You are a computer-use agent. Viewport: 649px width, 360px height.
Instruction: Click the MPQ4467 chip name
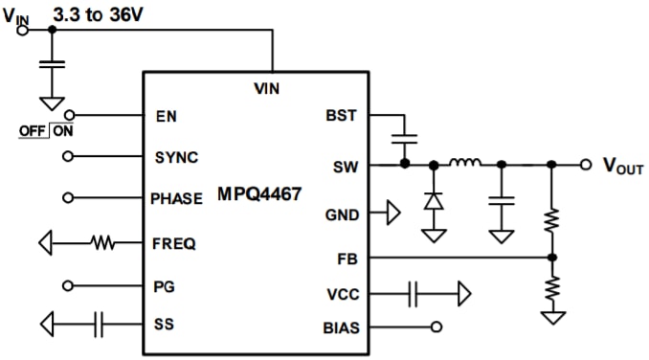click(259, 195)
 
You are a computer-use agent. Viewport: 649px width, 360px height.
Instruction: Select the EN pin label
click(165, 116)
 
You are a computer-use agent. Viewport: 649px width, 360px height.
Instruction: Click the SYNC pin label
click(176, 156)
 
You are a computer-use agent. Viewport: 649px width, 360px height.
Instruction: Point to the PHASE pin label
click(177, 199)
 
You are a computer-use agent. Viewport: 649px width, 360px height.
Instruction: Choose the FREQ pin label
click(173, 243)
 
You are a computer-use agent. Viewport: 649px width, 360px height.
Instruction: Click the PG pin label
click(164, 285)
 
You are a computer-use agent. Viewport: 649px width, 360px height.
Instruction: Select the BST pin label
click(342, 116)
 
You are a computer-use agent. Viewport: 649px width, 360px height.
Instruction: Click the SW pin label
click(345, 165)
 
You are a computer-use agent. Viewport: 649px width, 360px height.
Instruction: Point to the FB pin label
click(347, 258)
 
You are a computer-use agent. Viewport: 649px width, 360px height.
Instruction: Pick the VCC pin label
click(342, 294)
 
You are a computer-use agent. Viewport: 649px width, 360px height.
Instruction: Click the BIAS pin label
click(341, 327)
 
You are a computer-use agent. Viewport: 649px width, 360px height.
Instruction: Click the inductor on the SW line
click(466, 163)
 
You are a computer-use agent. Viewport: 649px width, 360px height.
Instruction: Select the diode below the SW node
click(433, 201)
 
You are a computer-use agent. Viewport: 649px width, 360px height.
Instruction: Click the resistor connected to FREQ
click(102, 243)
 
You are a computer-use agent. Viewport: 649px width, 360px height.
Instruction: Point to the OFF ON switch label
click(47, 131)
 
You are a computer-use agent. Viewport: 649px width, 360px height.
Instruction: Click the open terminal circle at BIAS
click(438, 327)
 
